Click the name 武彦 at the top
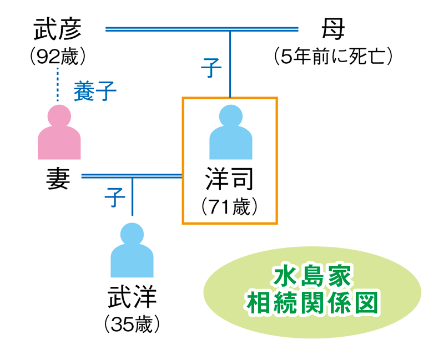[57, 29]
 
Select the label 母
[332, 29]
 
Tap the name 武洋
[132, 296]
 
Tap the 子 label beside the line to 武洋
[114, 197]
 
